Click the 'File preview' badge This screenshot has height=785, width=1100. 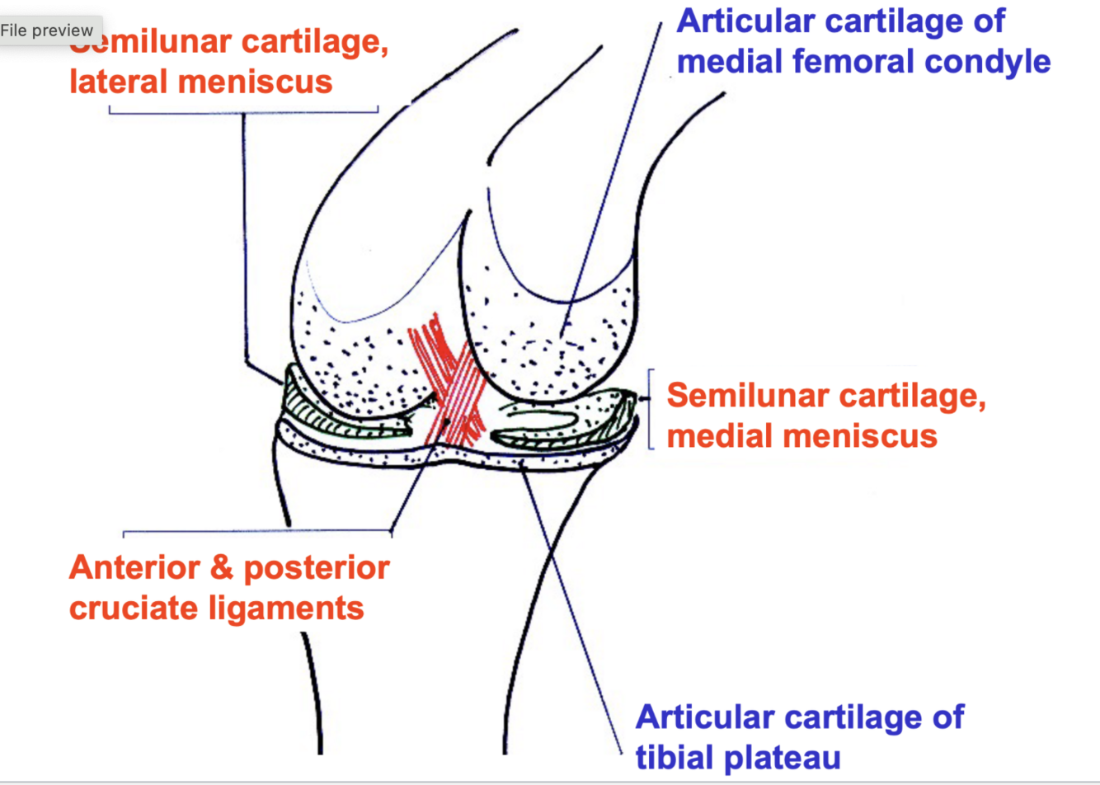coord(47,31)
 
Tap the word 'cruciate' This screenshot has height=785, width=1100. coord(132,608)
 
